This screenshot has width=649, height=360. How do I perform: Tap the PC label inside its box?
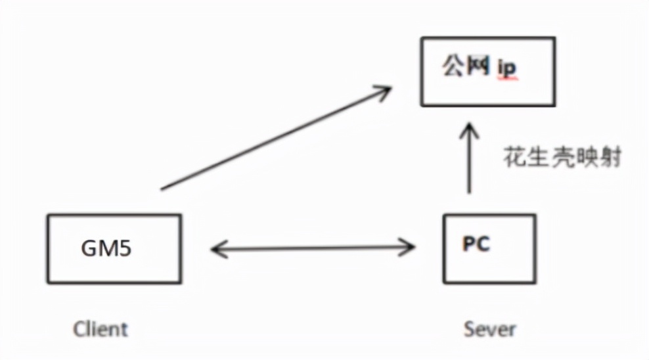[476, 244]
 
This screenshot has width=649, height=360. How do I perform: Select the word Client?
[101, 328]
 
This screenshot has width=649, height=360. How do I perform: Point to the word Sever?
[489, 328]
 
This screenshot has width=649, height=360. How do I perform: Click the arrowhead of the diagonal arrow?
[384, 93]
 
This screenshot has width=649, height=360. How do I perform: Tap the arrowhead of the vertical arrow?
[469, 129]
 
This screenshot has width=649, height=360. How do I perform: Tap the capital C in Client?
[79, 328]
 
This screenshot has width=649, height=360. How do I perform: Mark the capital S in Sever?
[469, 328]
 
